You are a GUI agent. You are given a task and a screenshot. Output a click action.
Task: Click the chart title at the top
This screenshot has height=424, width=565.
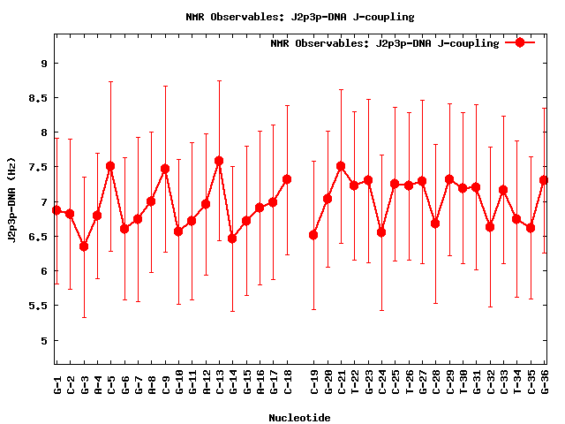[300, 17]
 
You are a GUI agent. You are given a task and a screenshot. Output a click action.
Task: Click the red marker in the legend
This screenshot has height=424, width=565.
[520, 42]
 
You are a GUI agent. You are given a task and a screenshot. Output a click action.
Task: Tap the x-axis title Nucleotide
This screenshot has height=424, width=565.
[299, 418]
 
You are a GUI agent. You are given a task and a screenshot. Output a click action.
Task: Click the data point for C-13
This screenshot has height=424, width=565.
[219, 161]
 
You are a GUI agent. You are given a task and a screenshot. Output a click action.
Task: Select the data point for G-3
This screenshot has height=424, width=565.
[84, 246]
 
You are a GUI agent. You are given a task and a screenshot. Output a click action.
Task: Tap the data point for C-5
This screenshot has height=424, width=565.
[110, 166]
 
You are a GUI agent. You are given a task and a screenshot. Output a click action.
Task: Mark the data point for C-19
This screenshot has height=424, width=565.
[313, 235]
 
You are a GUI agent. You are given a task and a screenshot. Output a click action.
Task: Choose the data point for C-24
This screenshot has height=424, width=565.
[381, 232]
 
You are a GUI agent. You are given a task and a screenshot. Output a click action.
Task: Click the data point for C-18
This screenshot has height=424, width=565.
[287, 179]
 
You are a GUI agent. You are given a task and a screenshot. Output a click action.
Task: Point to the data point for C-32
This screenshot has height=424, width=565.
[490, 227]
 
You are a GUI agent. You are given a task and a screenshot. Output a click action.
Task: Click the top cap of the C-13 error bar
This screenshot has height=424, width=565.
[219, 80]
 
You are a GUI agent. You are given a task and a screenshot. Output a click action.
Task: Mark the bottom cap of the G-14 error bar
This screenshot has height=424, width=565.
[232, 311]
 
